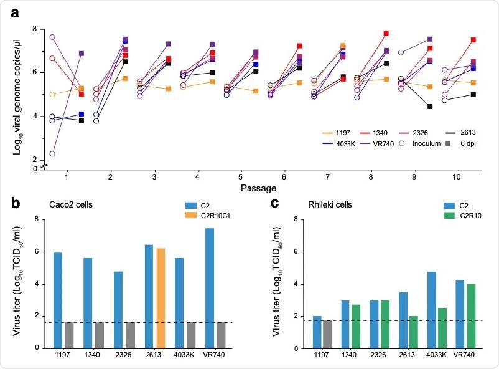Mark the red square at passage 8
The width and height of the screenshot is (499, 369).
coord(386,34)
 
